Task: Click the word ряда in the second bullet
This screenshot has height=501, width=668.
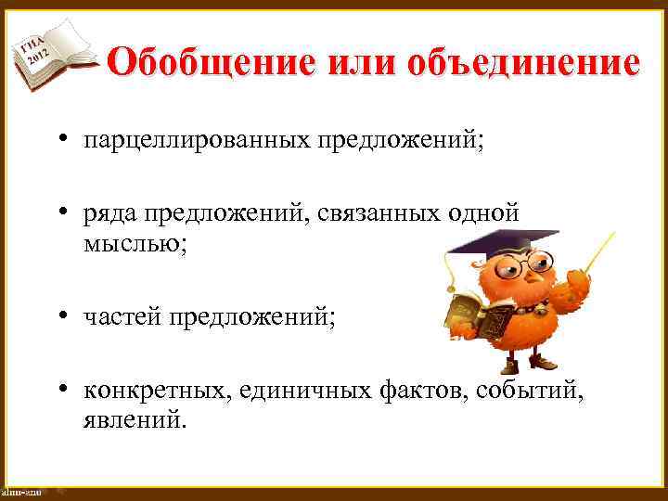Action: point(109,213)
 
